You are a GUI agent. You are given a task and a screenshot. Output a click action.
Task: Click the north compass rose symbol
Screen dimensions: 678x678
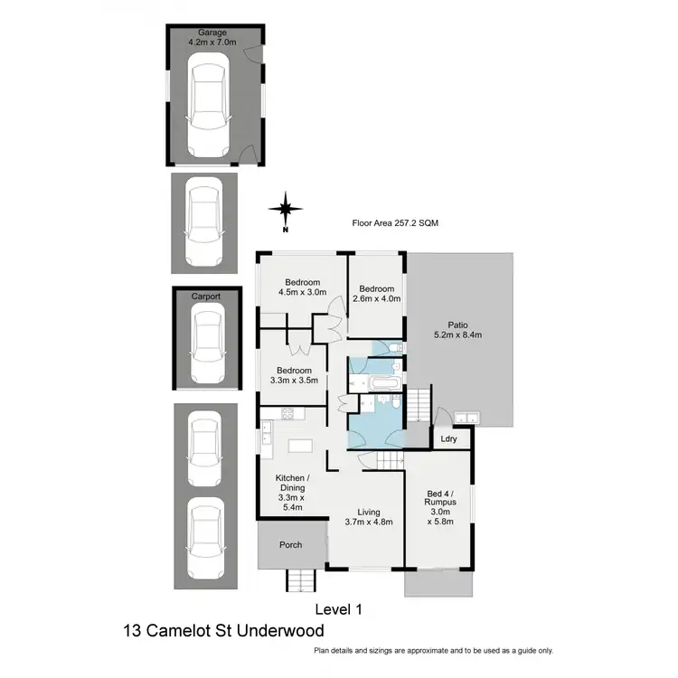[x=286, y=209]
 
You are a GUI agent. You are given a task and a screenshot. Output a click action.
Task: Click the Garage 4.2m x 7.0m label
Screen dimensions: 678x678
[x=213, y=36]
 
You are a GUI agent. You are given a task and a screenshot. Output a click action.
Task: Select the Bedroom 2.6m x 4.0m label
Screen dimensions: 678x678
[x=375, y=294]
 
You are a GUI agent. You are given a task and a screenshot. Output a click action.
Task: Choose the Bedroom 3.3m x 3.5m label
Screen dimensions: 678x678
[x=294, y=376]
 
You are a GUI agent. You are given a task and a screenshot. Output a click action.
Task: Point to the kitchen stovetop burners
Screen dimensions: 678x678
[x=289, y=415]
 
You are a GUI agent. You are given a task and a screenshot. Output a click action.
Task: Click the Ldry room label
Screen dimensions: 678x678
[x=448, y=439]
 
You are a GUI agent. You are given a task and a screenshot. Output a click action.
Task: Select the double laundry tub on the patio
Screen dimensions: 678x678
[x=468, y=417]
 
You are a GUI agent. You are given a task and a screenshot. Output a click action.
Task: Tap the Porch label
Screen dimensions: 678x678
[x=290, y=544]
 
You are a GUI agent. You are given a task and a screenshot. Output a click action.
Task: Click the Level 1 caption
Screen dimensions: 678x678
[x=338, y=608]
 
